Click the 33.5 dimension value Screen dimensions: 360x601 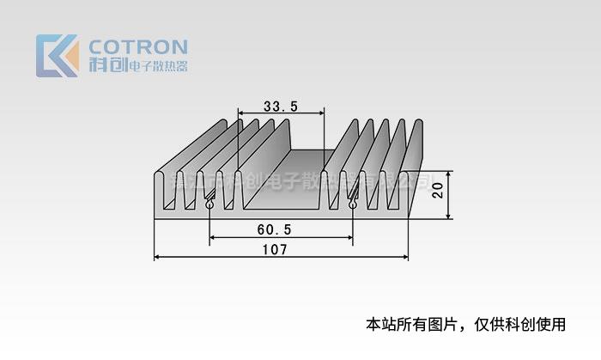click(281, 107)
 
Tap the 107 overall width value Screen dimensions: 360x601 click(276, 249)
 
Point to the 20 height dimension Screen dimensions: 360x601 click(438, 190)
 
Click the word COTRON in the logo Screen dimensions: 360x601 click(138, 46)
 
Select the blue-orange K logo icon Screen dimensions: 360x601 click(57, 56)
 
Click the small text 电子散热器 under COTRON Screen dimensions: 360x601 click(157, 67)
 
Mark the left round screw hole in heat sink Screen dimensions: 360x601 click(210, 205)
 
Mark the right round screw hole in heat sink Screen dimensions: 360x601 click(352, 205)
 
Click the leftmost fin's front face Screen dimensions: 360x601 click(160, 191)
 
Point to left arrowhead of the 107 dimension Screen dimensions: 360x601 click(156, 257)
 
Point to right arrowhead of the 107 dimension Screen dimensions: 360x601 click(405, 257)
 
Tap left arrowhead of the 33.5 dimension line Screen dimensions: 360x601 click(240, 113)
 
